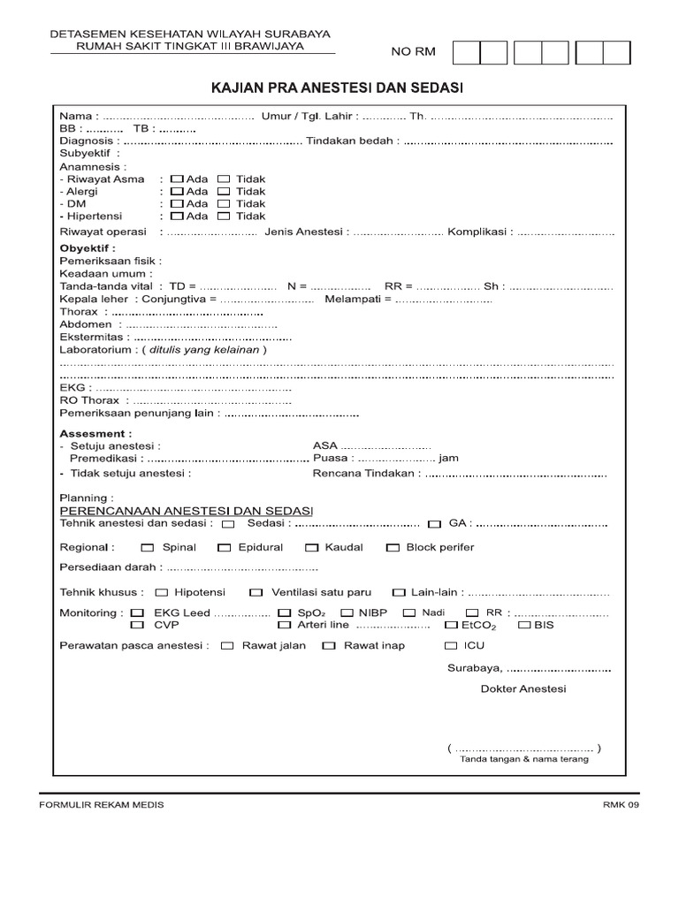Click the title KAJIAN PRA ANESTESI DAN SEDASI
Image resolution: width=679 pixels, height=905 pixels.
pos(336,88)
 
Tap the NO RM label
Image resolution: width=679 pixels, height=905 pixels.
pos(413,53)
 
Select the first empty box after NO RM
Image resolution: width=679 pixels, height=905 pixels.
pos(466,53)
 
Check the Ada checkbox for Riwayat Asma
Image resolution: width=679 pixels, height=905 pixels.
pos(177,179)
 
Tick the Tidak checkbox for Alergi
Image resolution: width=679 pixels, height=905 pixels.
pos(224,191)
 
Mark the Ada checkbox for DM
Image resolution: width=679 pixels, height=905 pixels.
pos(177,203)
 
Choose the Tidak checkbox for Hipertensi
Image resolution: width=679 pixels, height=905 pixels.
pos(224,216)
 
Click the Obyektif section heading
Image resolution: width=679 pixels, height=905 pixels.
pos(88,248)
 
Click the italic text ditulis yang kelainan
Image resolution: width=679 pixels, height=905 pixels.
pos(204,349)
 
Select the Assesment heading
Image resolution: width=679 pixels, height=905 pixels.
pos(95,434)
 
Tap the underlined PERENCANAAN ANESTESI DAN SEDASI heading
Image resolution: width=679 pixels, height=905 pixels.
pos(186,511)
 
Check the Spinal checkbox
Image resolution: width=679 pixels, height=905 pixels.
pos(147,547)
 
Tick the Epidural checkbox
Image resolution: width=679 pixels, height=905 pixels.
pos(225,547)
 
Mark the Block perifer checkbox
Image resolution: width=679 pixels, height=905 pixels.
pos(393,547)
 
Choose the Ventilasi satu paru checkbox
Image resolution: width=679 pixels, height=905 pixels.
pos(256,592)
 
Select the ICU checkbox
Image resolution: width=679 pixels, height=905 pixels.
pos(451,645)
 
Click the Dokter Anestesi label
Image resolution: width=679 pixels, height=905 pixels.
pos(523,688)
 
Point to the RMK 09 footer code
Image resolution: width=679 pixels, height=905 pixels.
pos(620,805)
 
